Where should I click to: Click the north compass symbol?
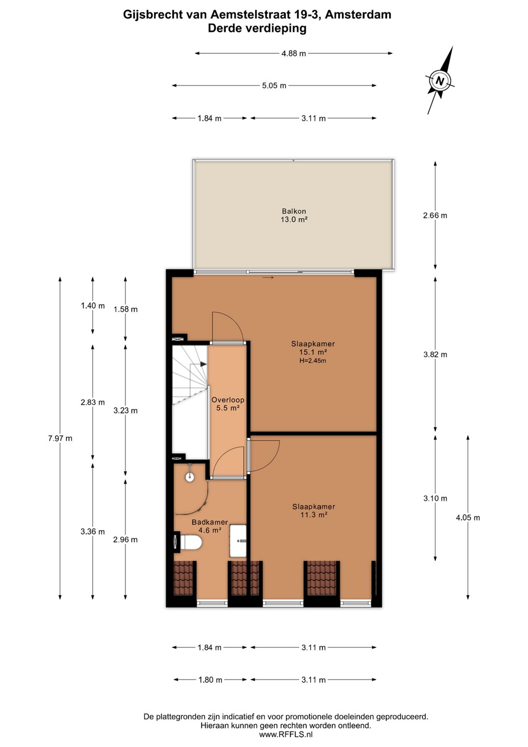(440, 81)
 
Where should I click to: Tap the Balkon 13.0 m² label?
(294, 215)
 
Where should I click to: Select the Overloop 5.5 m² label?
(228, 404)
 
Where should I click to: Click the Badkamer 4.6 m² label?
(210, 526)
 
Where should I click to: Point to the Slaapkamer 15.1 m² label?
(313, 348)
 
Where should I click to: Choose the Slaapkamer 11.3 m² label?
(314, 510)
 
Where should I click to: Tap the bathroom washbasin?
(238, 541)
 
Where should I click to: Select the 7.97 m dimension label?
(60, 438)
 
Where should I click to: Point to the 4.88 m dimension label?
(294, 53)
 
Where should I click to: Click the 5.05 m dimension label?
(274, 86)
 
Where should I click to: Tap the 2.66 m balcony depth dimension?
(435, 215)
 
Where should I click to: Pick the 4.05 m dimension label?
(468, 518)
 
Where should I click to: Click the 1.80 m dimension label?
(211, 680)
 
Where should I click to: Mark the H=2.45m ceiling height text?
(313, 361)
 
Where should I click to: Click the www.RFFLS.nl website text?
(286, 734)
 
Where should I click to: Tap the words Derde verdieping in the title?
(257, 29)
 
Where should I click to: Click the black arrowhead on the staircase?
(203, 364)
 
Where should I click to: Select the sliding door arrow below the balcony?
(268, 278)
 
